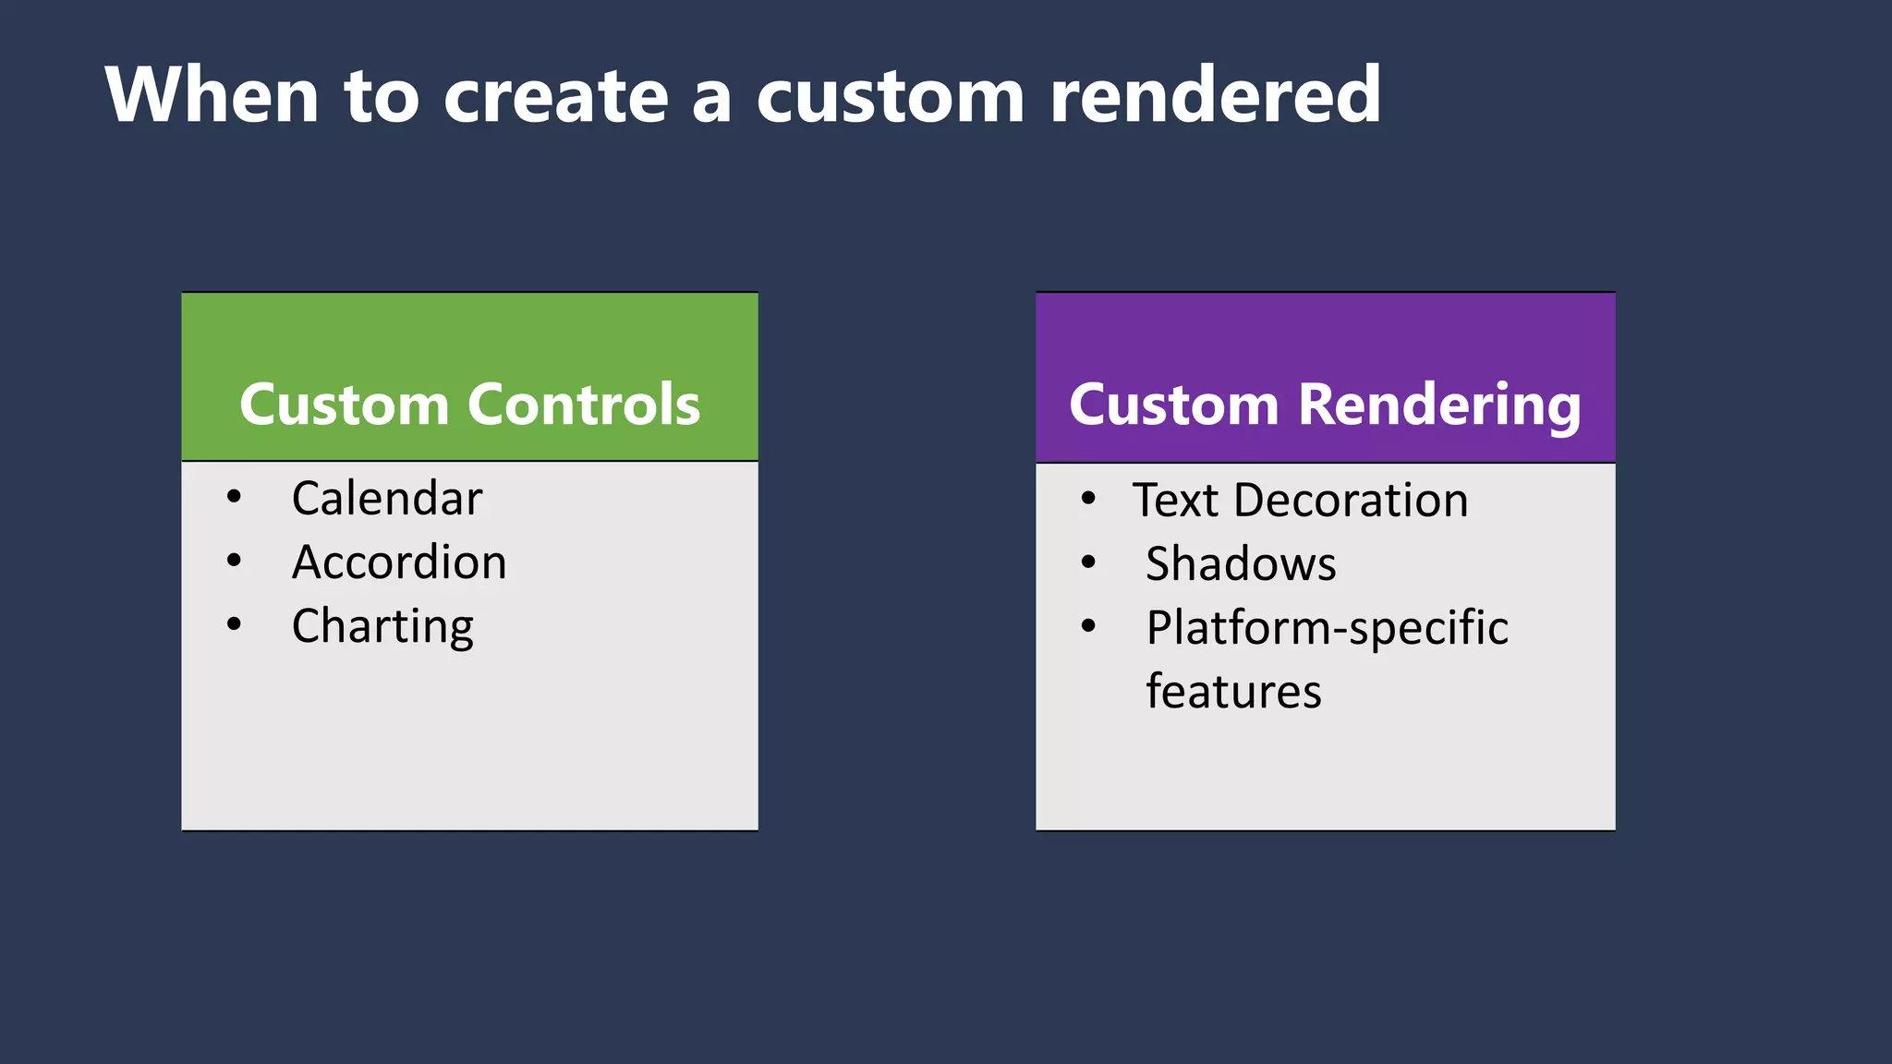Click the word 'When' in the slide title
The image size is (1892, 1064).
click(212, 95)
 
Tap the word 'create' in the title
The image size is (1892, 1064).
click(555, 97)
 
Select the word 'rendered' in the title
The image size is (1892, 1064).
click(1215, 95)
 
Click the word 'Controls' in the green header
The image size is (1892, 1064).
click(584, 405)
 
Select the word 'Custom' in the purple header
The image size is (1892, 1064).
click(1173, 405)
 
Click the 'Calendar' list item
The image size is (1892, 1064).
click(387, 499)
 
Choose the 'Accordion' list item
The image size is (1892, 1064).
click(399, 562)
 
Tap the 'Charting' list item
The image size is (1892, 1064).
click(382, 627)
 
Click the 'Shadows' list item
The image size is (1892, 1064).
click(1241, 564)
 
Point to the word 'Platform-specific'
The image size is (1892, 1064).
click(1327, 629)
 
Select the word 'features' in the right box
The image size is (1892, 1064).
click(1233, 692)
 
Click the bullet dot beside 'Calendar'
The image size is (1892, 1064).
click(234, 497)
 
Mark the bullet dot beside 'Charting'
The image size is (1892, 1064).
click(234, 624)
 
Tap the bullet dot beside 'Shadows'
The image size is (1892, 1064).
click(1088, 562)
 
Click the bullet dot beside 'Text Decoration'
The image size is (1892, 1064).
click(1088, 499)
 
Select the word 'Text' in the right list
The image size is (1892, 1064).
click(1175, 501)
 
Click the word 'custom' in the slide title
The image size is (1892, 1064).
click(890, 97)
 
